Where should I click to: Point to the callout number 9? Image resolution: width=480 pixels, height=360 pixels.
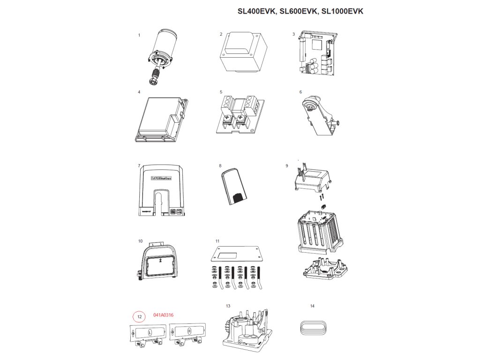287,166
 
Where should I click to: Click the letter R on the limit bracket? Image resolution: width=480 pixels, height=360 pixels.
188,331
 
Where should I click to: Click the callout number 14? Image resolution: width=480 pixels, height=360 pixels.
312,306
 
